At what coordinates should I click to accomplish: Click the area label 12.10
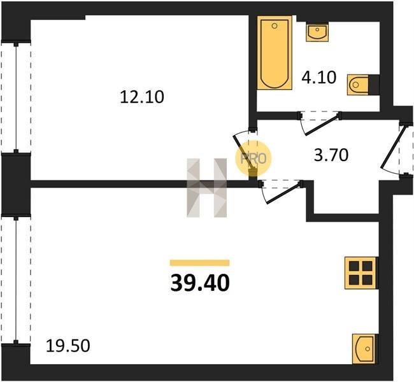point(142,97)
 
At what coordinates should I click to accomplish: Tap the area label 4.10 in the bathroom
point(319,77)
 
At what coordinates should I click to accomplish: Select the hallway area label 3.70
point(331,155)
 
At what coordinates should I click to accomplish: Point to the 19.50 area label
point(68,346)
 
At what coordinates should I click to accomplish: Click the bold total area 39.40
point(200,283)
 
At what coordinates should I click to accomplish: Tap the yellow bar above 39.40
point(199,263)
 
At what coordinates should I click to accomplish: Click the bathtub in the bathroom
point(275,53)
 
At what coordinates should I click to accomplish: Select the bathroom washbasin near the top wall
point(317,32)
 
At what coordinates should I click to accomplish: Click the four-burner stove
point(360,273)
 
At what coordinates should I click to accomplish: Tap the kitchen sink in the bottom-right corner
point(364,349)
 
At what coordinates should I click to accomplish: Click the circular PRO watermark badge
point(253,159)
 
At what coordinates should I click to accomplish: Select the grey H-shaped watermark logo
point(207,188)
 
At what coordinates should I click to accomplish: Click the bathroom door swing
point(319,123)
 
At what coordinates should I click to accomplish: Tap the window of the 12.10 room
point(16,97)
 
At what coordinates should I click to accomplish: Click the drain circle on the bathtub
point(275,25)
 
